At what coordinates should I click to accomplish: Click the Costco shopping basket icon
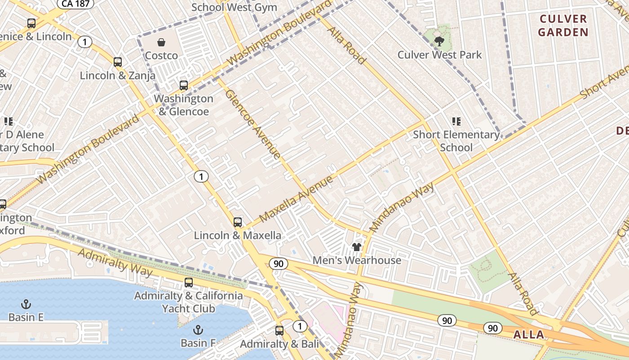[161, 43]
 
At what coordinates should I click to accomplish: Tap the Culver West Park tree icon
[439, 41]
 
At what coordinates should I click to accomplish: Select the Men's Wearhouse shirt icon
[357, 247]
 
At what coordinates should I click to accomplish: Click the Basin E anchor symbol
[26, 305]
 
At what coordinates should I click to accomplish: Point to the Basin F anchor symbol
[198, 330]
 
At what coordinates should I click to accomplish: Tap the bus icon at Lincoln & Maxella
[238, 222]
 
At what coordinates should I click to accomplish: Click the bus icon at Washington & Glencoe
[183, 85]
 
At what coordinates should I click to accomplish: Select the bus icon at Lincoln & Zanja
[118, 62]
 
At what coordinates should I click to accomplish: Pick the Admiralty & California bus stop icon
[189, 283]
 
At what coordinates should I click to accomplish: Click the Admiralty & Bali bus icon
[279, 331]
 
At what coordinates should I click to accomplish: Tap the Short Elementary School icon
[456, 121]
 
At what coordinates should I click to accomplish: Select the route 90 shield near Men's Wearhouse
[279, 263]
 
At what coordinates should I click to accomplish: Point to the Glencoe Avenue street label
[252, 124]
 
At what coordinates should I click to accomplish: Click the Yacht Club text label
[189, 309]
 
